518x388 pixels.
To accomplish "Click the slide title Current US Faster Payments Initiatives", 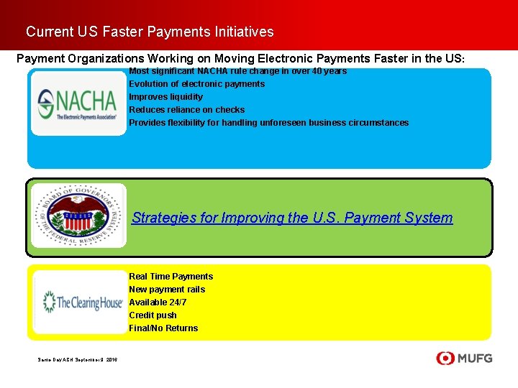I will coord(150,32).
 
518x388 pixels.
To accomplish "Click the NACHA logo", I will coord(78,103).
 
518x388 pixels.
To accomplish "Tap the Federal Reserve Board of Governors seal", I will coord(78,216).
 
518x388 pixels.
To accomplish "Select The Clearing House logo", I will coord(81,302).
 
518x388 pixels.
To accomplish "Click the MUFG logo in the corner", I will coord(465,358).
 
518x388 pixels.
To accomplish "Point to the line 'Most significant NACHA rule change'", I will coord(237,71).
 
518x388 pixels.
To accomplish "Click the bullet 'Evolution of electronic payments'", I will coord(196,84).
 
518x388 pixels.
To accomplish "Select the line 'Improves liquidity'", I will coord(165,97).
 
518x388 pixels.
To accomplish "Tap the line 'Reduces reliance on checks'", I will coord(186,110).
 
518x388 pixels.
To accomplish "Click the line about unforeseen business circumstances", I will coord(268,123).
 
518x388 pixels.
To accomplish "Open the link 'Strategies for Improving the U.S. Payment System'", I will coord(292,218).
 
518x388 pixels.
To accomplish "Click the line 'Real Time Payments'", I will coord(171,277).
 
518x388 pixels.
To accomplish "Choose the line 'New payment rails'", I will coord(167,290).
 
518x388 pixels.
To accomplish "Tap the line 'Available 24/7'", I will coord(158,302).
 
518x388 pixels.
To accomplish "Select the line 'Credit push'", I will coord(153,315).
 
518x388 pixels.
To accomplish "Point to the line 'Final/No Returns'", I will coord(163,328).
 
